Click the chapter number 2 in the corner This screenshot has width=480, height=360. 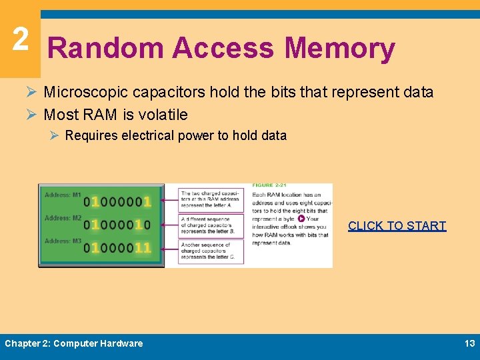(x=20, y=39)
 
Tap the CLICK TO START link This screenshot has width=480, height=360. (x=397, y=226)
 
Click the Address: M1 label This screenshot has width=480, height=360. (x=63, y=195)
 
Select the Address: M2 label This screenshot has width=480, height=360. (x=63, y=218)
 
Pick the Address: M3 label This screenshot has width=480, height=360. (x=63, y=241)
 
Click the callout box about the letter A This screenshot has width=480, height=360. (x=212, y=199)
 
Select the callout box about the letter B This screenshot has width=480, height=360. (x=212, y=225)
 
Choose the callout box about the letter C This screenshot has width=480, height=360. (x=212, y=251)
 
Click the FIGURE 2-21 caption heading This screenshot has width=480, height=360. (x=269, y=185)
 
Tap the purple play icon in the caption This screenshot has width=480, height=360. (x=301, y=219)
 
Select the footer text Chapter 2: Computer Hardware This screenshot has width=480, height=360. (x=74, y=343)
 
